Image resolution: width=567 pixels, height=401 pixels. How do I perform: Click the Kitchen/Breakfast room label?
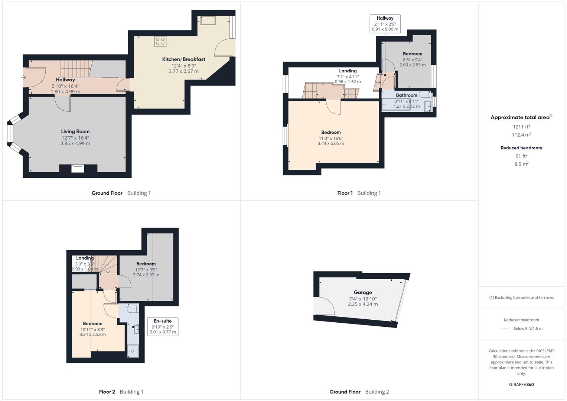click(x=183, y=59)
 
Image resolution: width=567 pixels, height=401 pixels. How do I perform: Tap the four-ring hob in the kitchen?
click(x=161, y=41)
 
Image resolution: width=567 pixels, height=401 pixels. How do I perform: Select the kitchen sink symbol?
click(x=208, y=20)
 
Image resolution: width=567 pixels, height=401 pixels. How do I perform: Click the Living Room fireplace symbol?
click(x=78, y=168)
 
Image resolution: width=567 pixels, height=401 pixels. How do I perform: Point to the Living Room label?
click(x=75, y=131)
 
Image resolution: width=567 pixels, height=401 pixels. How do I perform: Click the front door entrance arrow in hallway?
click(x=24, y=78)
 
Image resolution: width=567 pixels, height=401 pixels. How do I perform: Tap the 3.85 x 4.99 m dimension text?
click(x=75, y=143)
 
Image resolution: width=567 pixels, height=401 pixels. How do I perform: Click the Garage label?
click(x=362, y=293)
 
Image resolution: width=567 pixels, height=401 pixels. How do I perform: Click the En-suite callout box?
click(x=163, y=326)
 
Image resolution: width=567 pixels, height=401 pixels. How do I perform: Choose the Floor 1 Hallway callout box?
click(x=385, y=23)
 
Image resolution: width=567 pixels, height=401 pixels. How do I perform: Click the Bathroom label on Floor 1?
click(x=406, y=95)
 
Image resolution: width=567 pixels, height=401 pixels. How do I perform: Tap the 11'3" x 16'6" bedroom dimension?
click(x=330, y=138)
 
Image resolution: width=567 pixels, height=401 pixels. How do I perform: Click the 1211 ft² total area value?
click(x=521, y=127)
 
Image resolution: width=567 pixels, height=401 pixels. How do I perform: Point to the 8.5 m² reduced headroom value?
click(x=521, y=164)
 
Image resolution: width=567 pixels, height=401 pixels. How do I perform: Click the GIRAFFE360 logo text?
click(x=521, y=384)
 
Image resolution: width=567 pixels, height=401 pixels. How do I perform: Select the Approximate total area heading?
click(x=521, y=117)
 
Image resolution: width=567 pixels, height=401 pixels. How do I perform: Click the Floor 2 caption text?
click(x=107, y=392)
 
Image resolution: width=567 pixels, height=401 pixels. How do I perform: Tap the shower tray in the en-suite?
click(x=133, y=351)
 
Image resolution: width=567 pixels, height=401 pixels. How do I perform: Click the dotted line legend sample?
click(x=505, y=329)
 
